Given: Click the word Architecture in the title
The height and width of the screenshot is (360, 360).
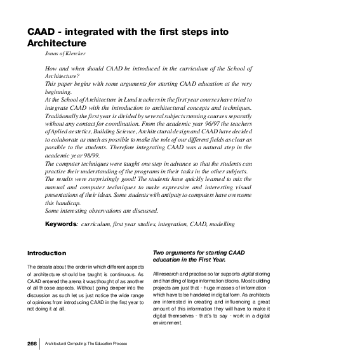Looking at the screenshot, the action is click(56, 43).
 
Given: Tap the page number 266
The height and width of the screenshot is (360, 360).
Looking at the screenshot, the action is click(32, 343).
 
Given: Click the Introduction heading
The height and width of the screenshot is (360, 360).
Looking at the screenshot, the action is click(46, 253).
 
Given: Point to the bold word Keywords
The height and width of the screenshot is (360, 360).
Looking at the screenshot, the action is click(61, 224).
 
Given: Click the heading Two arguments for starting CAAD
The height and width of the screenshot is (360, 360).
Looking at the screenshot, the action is click(198, 253).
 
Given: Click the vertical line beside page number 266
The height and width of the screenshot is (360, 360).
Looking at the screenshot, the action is click(41, 343).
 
